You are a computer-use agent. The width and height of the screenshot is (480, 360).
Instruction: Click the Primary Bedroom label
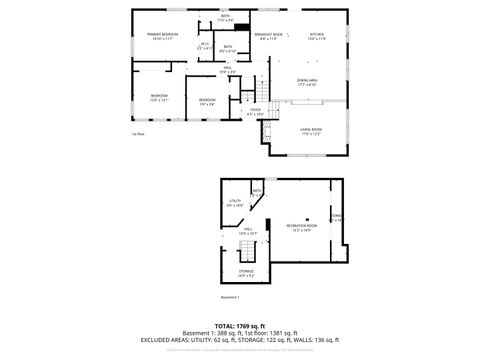click(x=162, y=36)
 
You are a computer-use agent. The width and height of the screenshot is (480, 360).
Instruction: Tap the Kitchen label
click(x=316, y=36)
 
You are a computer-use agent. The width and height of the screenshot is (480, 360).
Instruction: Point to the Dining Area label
click(x=307, y=82)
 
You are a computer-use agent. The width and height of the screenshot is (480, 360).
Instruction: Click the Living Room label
click(x=311, y=131)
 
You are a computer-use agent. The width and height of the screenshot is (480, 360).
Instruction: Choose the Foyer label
click(x=256, y=112)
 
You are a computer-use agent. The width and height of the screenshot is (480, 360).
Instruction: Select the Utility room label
click(x=236, y=203)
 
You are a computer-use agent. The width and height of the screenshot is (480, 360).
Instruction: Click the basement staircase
click(x=230, y=256)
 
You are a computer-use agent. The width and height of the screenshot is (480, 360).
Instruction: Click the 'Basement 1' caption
click(x=230, y=298)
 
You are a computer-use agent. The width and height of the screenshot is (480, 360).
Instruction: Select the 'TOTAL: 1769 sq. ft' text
click(x=239, y=325)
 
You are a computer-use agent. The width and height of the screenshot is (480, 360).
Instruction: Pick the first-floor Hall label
click(x=227, y=70)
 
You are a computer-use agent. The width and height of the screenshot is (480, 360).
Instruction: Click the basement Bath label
click(x=257, y=190)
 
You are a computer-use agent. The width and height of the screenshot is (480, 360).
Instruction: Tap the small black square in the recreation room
click(x=309, y=216)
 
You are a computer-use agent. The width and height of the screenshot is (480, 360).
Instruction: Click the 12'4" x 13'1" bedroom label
click(x=159, y=98)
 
